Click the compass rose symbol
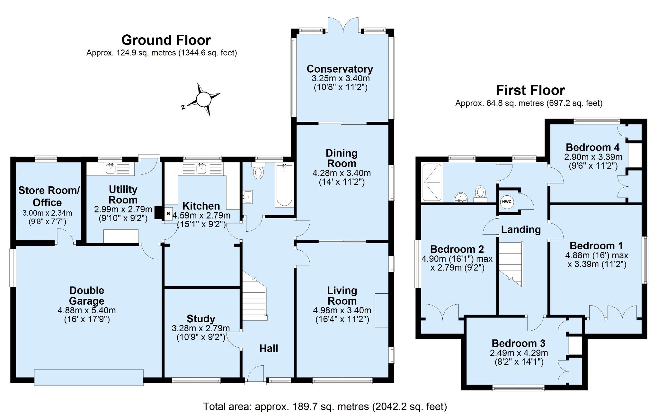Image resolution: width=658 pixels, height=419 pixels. (x=203, y=99)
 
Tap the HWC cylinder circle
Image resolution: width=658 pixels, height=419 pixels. (x=507, y=202)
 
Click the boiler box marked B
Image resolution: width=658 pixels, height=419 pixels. (x=168, y=214)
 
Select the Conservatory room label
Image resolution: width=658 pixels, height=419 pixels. (x=340, y=69)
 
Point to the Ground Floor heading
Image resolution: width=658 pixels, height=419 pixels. (x=166, y=40)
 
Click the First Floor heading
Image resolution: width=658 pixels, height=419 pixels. (x=530, y=90)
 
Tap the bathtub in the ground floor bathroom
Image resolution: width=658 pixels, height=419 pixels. (x=284, y=185)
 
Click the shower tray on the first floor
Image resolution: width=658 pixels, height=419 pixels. (x=432, y=183)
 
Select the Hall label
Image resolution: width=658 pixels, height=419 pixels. (x=269, y=348)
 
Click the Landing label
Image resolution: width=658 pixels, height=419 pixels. (x=521, y=229)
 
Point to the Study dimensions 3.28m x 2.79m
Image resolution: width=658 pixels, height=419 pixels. (x=201, y=328)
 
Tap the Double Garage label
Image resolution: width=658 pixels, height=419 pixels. (x=87, y=296)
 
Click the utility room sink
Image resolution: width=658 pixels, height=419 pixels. (x=110, y=168)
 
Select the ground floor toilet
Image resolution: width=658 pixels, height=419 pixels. (x=258, y=171)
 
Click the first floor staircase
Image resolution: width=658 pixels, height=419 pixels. (x=511, y=264)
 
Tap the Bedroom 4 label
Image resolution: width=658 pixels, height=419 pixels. (x=593, y=147)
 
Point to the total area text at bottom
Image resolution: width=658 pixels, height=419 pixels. (x=325, y=407)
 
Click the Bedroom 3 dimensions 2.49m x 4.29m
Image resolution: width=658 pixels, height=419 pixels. (x=519, y=353)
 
